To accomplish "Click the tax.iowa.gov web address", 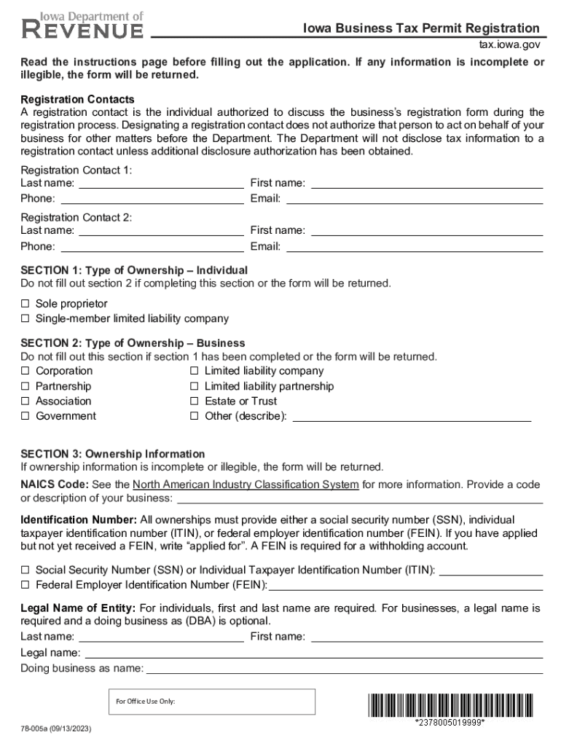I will pyautogui.click(x=509, y=44).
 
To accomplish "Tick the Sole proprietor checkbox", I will pyautogui.click(x=25, y=303).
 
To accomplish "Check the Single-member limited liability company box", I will pyautogui.click(x=25, y=318).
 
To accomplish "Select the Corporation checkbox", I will pyautogui.click(x=25, y=371).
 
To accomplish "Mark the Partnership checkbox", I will pyautogui.click(x=25, y=386).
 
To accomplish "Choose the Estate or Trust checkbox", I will pyautogui.click(x=194, y=401).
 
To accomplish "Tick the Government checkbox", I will pyautogui.click(x=25, y=416).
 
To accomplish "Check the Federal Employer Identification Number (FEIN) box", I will pyautogui.click(x=25, y=584).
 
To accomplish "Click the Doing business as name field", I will pyautogui.click(x=344, y=668).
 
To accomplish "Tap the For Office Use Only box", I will pyautogui.click(x=211, y=702).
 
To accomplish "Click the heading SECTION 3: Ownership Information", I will pyautogui.click(x=113, y=454).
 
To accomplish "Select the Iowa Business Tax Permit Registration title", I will pyautogui.click(x=421, y=28).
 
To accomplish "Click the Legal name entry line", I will pyautogui.click(x=313, y=653).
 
